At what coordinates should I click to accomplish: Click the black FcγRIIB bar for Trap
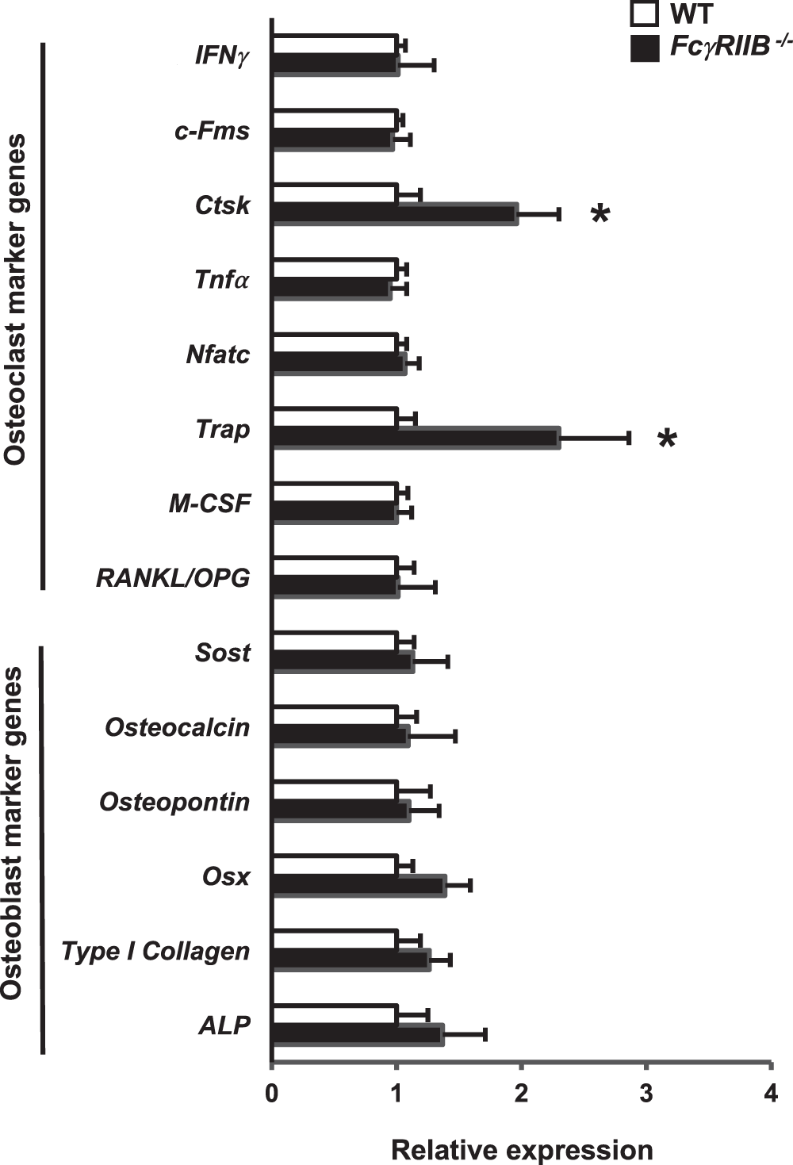pos(416,438)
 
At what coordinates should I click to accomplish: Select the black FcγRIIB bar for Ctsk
pos(395,213)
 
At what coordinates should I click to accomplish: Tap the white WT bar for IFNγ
pos(335,44)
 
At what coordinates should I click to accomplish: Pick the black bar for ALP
pos(358,1034)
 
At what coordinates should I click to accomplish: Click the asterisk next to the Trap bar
pos(667,439)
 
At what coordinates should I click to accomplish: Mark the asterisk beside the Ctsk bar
pos(600,214)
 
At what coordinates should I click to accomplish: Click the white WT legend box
pos(645,15)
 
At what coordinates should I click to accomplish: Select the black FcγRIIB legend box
pos(645,48)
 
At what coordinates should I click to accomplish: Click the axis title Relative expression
pos(522,1149)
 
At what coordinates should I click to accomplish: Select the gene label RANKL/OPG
pos(173,578)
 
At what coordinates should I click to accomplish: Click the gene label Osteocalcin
pos(177,727)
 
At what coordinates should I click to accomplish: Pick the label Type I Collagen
pos(155,951)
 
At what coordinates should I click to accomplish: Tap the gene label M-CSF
pos(209,504)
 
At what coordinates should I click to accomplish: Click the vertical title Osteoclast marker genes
pos(15,300)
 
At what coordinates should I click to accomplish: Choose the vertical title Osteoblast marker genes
pos(13,833)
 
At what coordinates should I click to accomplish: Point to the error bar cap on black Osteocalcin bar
pos(455,737)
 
